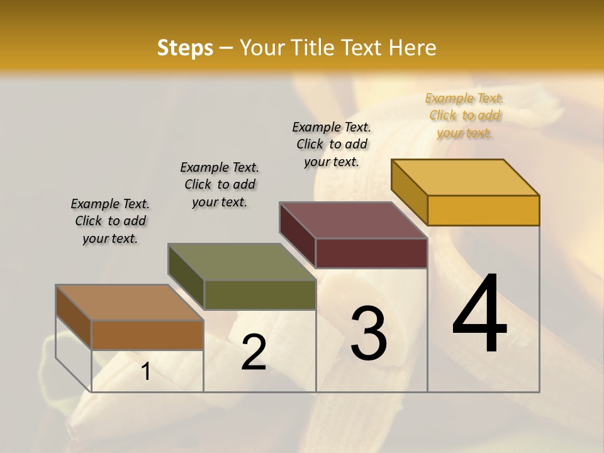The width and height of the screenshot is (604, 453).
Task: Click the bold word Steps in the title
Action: tap(185, 48)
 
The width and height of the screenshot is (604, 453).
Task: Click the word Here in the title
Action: tap(413, 48)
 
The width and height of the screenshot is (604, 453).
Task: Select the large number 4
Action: tap(479, 315)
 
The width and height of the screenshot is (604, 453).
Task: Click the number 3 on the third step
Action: tap(369, 333)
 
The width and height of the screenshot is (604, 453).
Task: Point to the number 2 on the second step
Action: tap(254, 352)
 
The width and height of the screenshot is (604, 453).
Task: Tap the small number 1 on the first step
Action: tap(146, 372)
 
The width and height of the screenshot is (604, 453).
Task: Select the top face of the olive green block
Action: tap(242, 262)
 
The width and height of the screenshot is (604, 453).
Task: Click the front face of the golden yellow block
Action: tap(483, 210)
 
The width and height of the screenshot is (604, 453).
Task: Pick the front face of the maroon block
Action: tap(371, 253)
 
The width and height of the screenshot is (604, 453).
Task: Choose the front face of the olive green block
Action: tap(260, 294)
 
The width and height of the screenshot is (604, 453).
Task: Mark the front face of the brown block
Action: tap(147, 335)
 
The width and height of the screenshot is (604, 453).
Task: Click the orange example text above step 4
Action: tap(465, 115)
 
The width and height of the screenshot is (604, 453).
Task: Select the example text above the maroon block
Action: tap(332, 144)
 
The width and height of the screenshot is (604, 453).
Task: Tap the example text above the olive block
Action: tap(220, 184)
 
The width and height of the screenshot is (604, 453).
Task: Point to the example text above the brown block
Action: tap(110, 221)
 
